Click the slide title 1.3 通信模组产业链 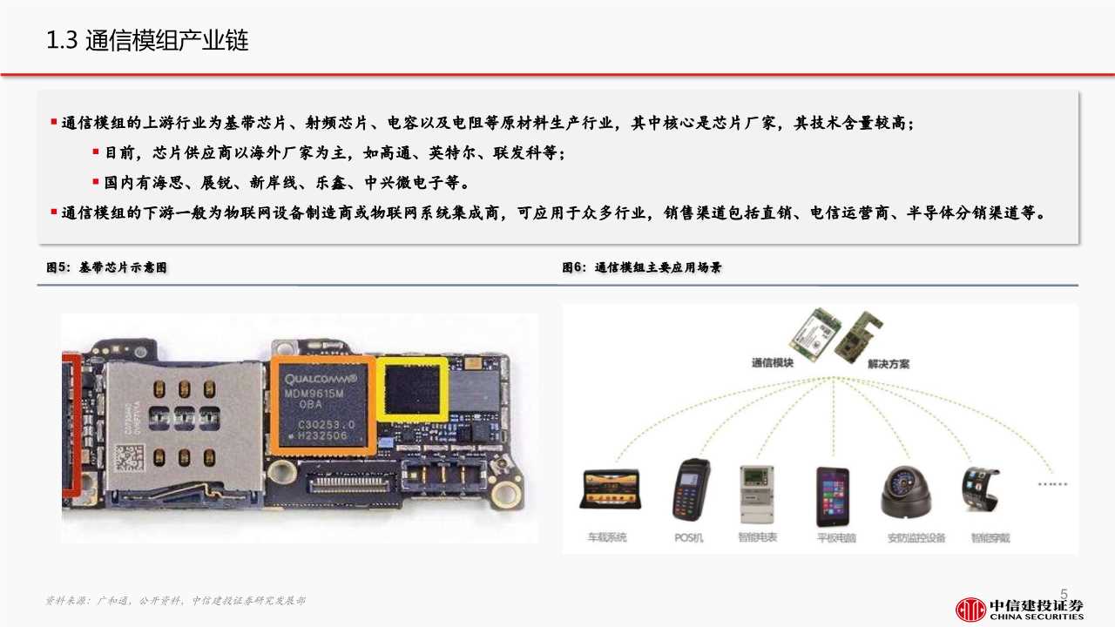click(x=147, y=41)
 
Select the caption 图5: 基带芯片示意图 click(x=106, y=268)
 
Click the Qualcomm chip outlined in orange click(x=322, y=405)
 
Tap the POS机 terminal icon click(x=690, y=490)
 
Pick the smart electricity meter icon click(x=756, y=493)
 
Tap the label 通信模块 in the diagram click(x=772, y=362)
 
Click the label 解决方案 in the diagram click(x=888, y=364)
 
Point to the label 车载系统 click(x=605, y=537)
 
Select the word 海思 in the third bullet click(x=172, y=183)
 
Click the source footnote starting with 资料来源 click(x=174, y=601)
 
